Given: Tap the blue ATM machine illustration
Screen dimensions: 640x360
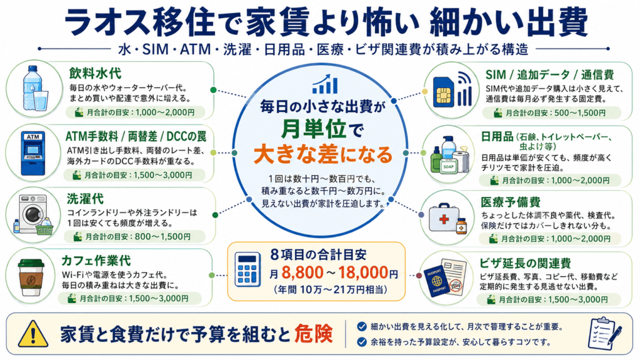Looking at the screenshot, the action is coord(33,153).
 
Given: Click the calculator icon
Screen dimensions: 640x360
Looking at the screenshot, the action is coord(247,269).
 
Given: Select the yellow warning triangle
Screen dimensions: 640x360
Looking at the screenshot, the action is coord(33,334).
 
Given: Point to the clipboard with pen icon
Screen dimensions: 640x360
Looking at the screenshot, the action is coord(604,333).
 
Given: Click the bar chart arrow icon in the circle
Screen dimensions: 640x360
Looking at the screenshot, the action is coord(325,84).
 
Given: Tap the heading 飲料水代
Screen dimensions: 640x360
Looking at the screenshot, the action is coord(95,74).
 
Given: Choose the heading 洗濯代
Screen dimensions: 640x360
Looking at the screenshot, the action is coord(85,199).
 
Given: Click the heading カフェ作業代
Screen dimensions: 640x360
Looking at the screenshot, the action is coord(96,261).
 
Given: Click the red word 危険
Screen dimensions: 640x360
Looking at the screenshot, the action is coord(314,334).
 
